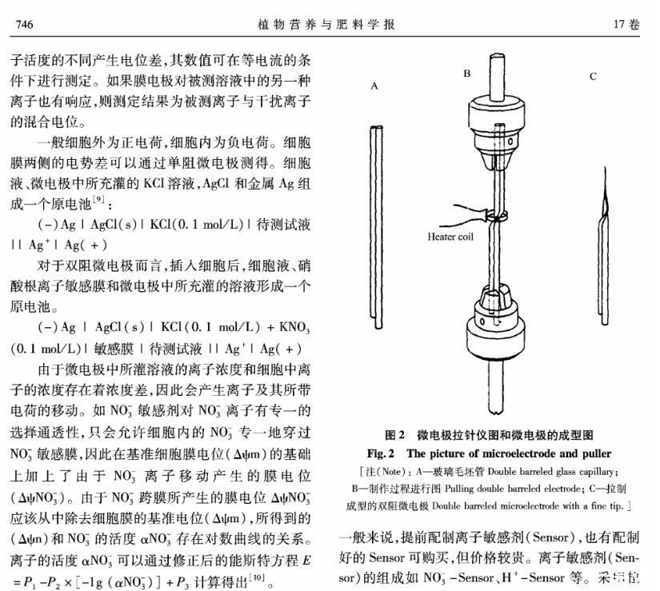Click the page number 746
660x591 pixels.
[x=24, y=24]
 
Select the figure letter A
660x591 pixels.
[x=374, y=86]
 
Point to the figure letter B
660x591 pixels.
[x=466, y=74]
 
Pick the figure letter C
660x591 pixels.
[x=593, y=77]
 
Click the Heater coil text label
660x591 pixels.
[x=450, y=237]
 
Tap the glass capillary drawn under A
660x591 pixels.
[x=374, y=200]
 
